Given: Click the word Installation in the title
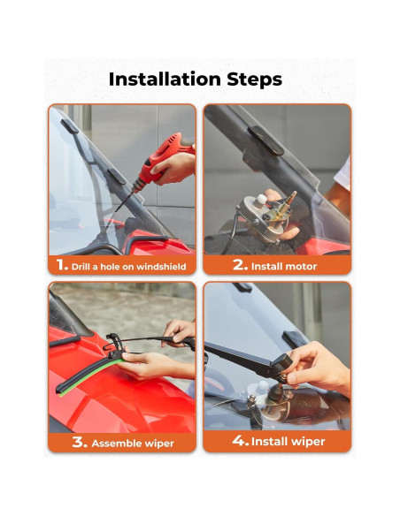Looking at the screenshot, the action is click(x=165, y=80).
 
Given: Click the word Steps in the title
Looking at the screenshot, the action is click(x=254, y=80).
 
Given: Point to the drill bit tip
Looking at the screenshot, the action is click(x=116, y=211).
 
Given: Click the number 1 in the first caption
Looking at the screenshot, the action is click(x=62, y=264).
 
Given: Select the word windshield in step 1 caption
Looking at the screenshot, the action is click(x=161, y=266).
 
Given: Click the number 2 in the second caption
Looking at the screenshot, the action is click(x=240, y=264).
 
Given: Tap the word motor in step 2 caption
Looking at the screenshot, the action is click(x=302, y=266).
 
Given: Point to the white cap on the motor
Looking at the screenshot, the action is click(x=261, y=200).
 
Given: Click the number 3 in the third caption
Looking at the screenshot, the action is click(x=80, y=442).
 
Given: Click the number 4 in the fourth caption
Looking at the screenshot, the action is click(x=240, y=440).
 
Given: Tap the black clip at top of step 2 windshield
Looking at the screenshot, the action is click(x=265, y=140).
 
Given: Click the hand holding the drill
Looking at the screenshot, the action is click(x=174, y=168).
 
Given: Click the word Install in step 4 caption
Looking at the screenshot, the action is click(x=272, y=441).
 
